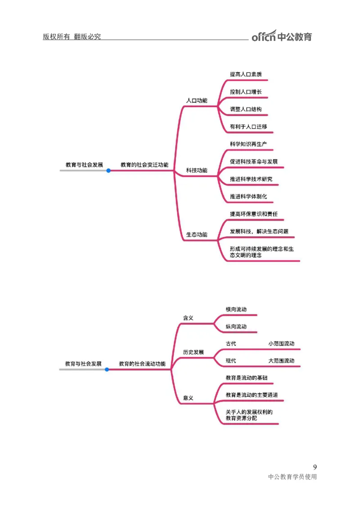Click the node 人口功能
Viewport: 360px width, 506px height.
click(x=197, y=100)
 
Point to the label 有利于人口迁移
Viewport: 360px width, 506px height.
click(x=248, y=127)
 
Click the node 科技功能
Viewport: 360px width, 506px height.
click(x=197, y=171)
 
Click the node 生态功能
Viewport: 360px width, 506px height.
click(x=197, y=235)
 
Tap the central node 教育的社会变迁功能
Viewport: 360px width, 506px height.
click(x=144, y=165)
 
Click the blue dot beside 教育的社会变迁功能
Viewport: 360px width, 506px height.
click(x=108, y=171)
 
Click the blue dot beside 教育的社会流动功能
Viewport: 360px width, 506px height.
click(x=107, y=370)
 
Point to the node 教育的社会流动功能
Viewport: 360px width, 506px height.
click(x=142, y=363)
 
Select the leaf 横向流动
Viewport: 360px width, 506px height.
click(x=236, y=309)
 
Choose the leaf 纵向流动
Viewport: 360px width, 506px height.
click(x=236, y=326)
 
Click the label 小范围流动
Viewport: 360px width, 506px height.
click(x=281, y=343)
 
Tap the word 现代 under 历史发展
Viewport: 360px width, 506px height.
click(x=231, y=361)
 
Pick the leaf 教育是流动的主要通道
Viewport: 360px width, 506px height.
click(x=252, y=395)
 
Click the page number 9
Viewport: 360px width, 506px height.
click(x=315, y=467)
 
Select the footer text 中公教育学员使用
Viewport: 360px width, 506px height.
click(x=292, y=477)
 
